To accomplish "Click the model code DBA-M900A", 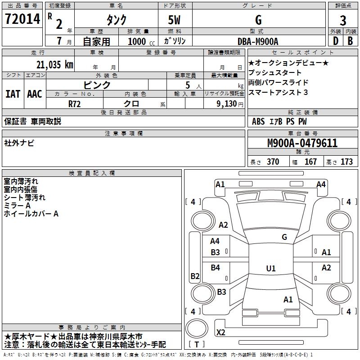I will click(x=258, y=41).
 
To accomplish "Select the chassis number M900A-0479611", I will click(x=302, y=143).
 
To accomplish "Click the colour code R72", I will click(x=74, y=103).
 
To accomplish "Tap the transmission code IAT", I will click(x=13, y=94).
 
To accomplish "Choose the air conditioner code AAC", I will click(x=34, y=94).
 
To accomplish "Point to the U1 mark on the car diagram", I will click(x=270, y=268).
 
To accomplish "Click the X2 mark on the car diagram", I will click(x=220, y=333).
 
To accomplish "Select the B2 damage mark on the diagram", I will click(x=195, y=276).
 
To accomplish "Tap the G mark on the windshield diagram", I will click(x=284, y=237).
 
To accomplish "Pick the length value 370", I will click(x=273, y=162).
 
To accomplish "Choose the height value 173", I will click(x=346, y=162).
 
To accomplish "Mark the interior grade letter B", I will click(x=350, y=41).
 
